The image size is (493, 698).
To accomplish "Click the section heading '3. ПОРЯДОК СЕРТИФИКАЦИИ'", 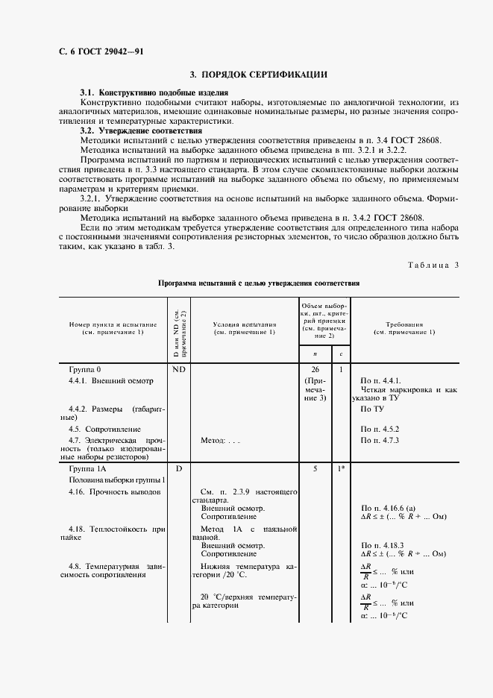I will [258, 75].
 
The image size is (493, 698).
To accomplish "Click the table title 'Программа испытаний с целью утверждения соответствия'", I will [259, 284].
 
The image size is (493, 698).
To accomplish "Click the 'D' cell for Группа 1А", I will [178, 468].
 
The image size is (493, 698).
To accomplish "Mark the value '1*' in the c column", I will [341, 468].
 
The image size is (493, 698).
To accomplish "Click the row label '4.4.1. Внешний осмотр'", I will [110, 380].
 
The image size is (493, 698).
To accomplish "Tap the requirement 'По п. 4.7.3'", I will [380, 441].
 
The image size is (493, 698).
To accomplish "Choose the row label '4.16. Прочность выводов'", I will [114, 493].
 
